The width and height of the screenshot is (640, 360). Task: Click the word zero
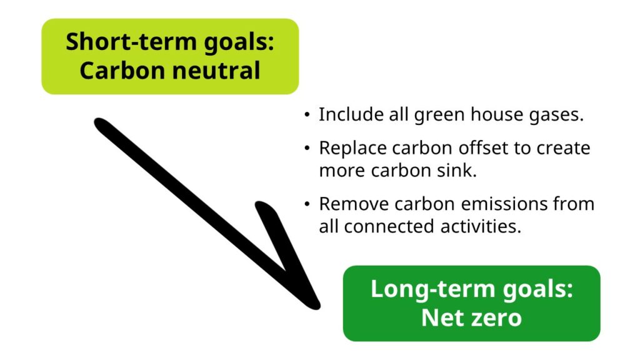coord(496,317)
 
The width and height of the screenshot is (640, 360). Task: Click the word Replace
coord(352,149)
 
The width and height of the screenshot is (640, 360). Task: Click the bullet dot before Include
coord(306,116)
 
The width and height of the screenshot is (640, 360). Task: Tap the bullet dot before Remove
coord(306,205)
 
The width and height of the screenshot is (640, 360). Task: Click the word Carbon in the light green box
coord(112,70)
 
